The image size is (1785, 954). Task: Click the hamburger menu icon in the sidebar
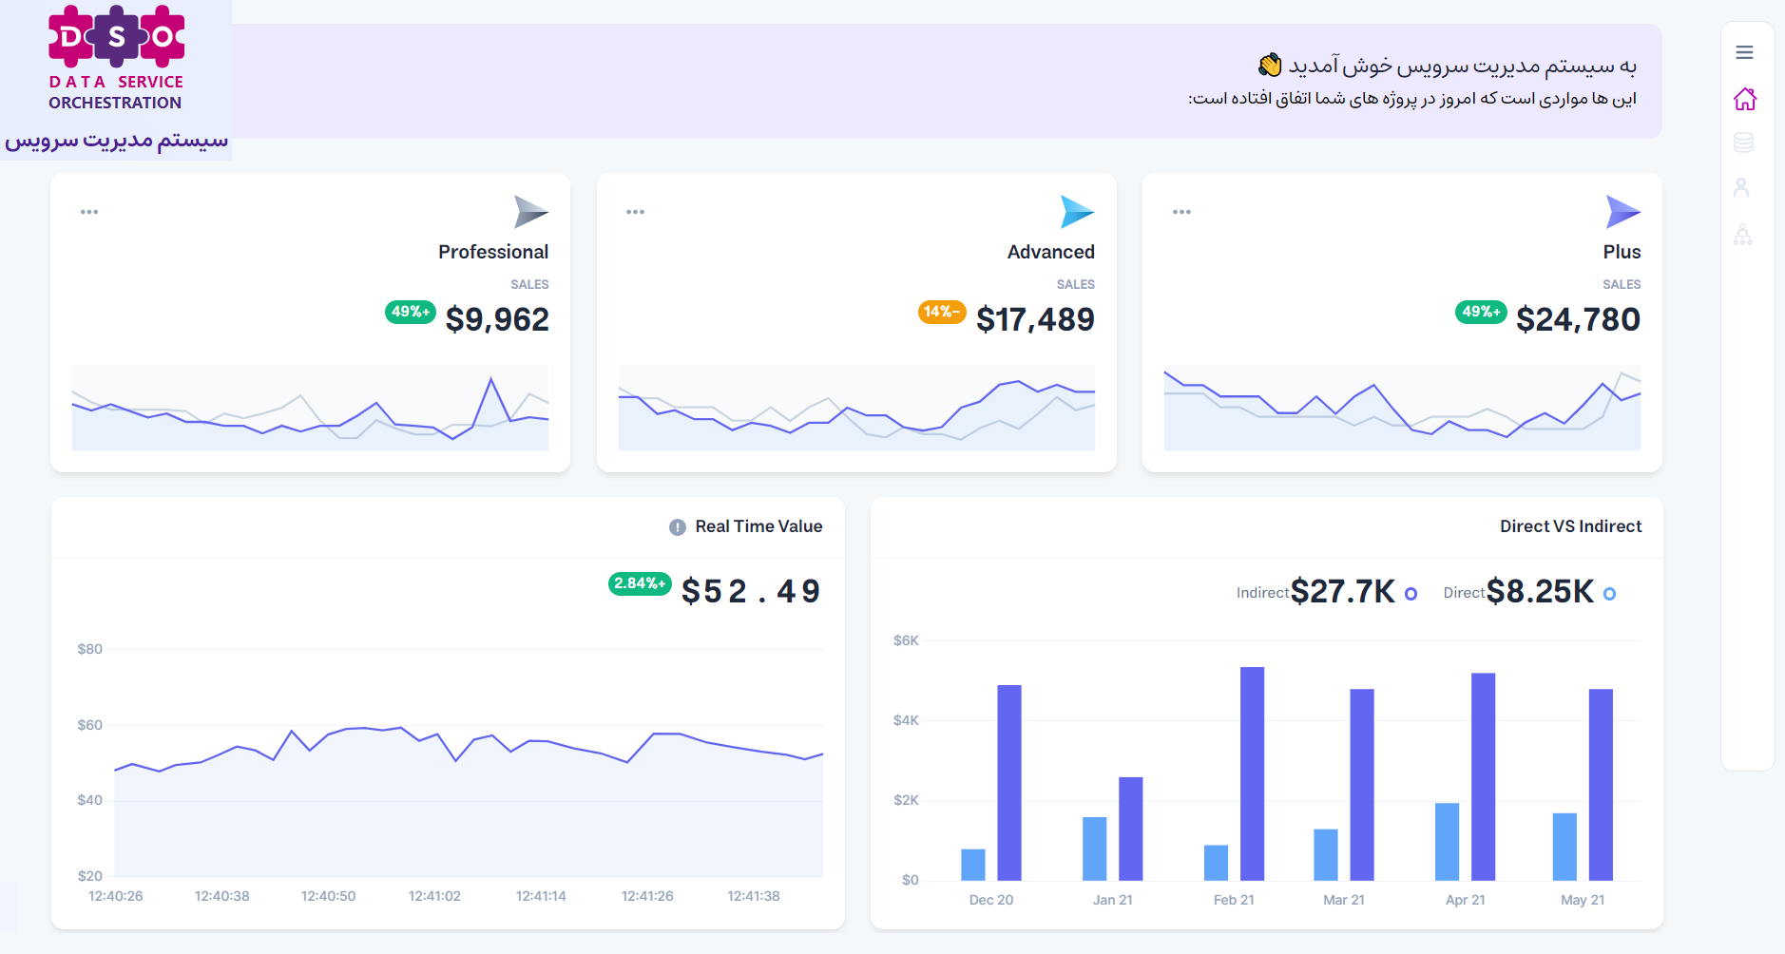click(x=1744, y=52)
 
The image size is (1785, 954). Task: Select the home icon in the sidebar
click(x=1744, y=99)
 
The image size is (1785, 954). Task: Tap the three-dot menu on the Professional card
click(x=89, y=212)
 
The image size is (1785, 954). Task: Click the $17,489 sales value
click(x=1035, y=319)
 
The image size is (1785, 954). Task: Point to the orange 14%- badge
click(x=941, y=312)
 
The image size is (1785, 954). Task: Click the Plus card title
click(x=1622, y=252)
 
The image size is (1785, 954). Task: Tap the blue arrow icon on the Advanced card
click(x=1076, y=211)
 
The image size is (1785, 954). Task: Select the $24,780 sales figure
click(x=1578, y=319)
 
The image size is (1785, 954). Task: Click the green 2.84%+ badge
click(x=640, y=583)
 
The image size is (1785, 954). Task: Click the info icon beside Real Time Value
click(x=678, y=527)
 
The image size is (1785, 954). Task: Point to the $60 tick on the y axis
click(x=90, y=725)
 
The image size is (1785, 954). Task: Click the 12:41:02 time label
click(x=434, y=896)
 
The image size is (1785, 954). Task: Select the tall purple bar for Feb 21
click(x=1252, y=773)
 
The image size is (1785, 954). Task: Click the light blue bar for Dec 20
click(x=973, y=864)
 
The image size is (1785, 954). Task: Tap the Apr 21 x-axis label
click(x=1465, y=900)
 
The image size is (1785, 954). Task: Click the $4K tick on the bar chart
click(x=906, y=720)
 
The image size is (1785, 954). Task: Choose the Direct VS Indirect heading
click(x=1570, y=526)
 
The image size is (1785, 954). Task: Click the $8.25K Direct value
click(x=1540, y=591)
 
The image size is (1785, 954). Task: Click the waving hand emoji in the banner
click(x=1270, y=66)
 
